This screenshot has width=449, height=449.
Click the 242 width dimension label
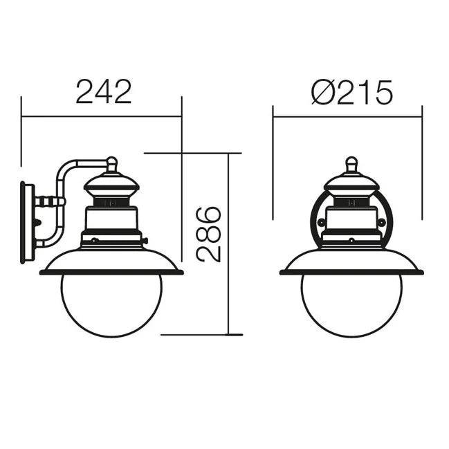pyautogui.click(x=104, y=91)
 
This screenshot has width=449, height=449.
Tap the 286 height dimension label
pyautogui.click(x=208, y=234)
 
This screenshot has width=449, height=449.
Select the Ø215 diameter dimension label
pyautogui.click(x=352, y=92)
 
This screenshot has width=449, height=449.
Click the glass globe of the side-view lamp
pyautogui.click(x=111, y=305)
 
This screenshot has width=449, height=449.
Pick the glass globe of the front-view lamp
pyautogui.click(x=351, y=305)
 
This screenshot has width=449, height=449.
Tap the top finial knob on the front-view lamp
pyautogui.click(x=351, y=164)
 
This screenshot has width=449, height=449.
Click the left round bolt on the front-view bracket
pyautogui.click(x=321, y=221)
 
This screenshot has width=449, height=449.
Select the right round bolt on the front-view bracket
pyautogui.click(x=382, y=221)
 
